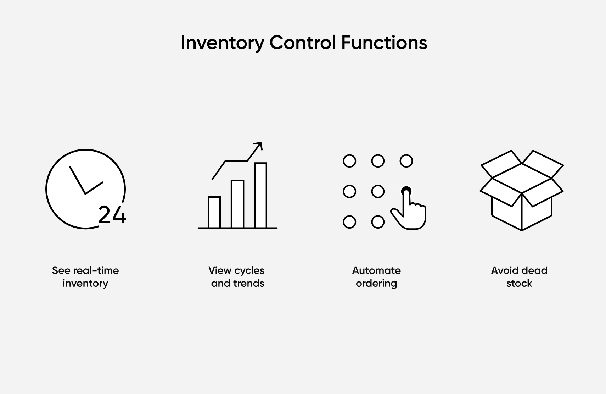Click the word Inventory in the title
222,43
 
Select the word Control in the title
302,43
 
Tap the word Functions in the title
384,43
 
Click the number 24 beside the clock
112,215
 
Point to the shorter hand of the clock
94,188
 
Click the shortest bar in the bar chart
214,212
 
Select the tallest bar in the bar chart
260,195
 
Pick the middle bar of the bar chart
237,204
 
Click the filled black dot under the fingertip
406,191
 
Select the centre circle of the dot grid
378,191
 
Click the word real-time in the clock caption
96,270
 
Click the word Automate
376,270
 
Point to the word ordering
376,284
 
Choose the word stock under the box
519,283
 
